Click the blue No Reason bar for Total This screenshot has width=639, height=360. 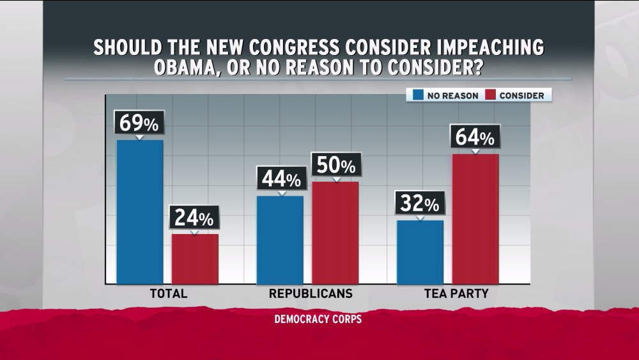pyautogui.click(x=140, y=212)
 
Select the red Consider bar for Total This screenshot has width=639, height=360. pyautogui.click(x=195, y=259)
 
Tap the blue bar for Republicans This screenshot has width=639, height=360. pyautogui.click(x=280, y=240)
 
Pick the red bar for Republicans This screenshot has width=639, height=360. pyautogui.click(x=335, y=233)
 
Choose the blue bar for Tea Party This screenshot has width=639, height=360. pyautogui.click(x=420, y=252)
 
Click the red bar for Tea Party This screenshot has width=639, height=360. pyautogui.click(x=475, y=219)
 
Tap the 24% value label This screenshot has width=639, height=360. pyautogui.click(x=195, y=218)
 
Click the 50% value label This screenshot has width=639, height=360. pyautogui.click(x=335, y=166)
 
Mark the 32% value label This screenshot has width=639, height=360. pyautogui.click(x=420, y=204)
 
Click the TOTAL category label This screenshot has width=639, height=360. pyautogui.click(x=167, y=294)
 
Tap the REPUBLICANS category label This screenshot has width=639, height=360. pyautogui.click(x=310, y=294)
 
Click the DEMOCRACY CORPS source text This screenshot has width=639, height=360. pyautogui.click(x=318, y=318)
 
